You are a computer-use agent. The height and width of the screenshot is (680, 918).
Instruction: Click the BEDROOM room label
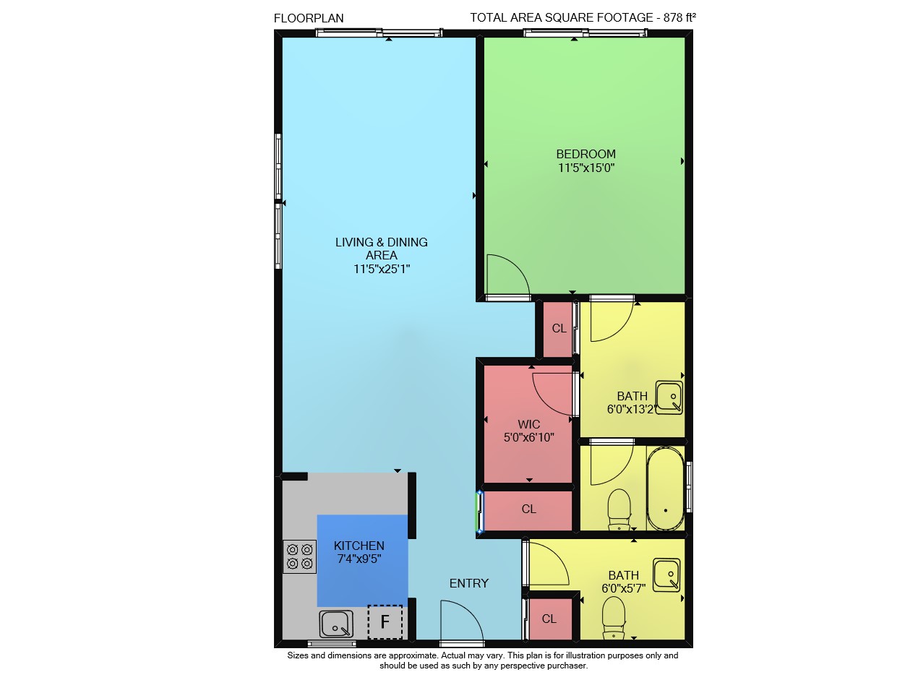tap(585, 154)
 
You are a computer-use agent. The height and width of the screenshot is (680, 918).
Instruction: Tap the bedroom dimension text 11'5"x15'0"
tap(586, 168)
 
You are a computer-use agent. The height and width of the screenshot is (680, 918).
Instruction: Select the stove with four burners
tap(300, 556)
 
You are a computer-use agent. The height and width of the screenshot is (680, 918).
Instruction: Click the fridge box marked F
tap(385, 621)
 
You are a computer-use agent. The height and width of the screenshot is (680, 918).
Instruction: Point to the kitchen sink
tap(336, 624)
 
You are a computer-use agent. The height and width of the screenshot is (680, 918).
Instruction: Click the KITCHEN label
tap(359, 546)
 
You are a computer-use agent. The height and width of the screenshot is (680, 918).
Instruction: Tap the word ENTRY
tap(469, 583)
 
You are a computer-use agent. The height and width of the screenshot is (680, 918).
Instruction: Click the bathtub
tap(665, 489)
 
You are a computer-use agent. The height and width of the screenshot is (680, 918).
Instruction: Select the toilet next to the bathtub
tap(619, 509)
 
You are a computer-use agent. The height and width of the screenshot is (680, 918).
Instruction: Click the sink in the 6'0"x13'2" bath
tap(669, 397)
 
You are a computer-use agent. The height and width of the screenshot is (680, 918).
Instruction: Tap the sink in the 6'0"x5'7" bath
tap(666, 575)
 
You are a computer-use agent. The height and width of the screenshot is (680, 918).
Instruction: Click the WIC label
tap(528, 424)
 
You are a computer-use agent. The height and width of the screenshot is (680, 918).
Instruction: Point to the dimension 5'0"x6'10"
tap(528, 437)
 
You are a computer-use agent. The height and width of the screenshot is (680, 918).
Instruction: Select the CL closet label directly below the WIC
tap(528, 509)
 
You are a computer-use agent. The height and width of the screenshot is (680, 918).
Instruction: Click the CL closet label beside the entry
tap(549, 619)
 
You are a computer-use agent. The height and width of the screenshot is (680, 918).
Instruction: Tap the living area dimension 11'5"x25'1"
tap(381, 269)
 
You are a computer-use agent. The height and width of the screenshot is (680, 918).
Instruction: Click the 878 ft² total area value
tap(679, 17)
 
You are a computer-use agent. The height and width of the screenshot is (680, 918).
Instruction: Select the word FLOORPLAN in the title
tap(309, 18)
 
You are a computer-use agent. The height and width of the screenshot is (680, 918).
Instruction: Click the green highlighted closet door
tap(479, 511)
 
